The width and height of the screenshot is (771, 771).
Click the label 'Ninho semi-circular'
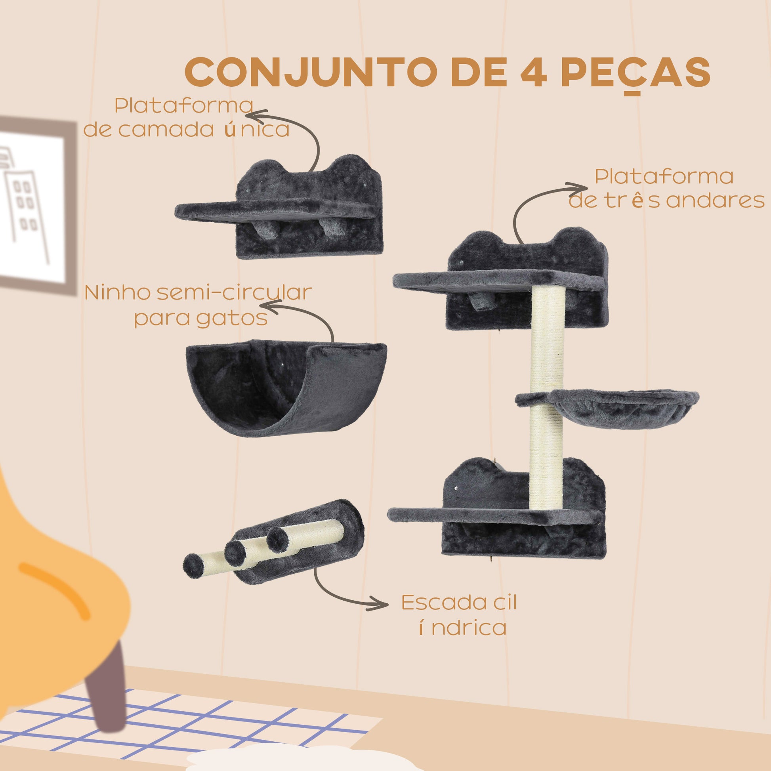[x=198, y=293]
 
